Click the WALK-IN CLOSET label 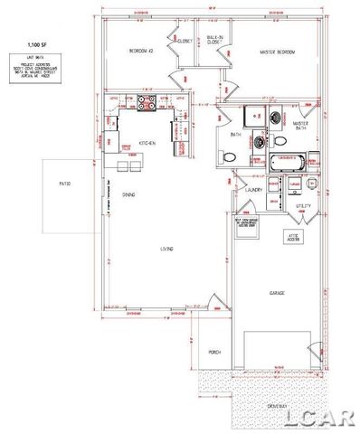pos(214,40)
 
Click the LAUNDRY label pos(254,189)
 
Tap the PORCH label pos(214,352)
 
